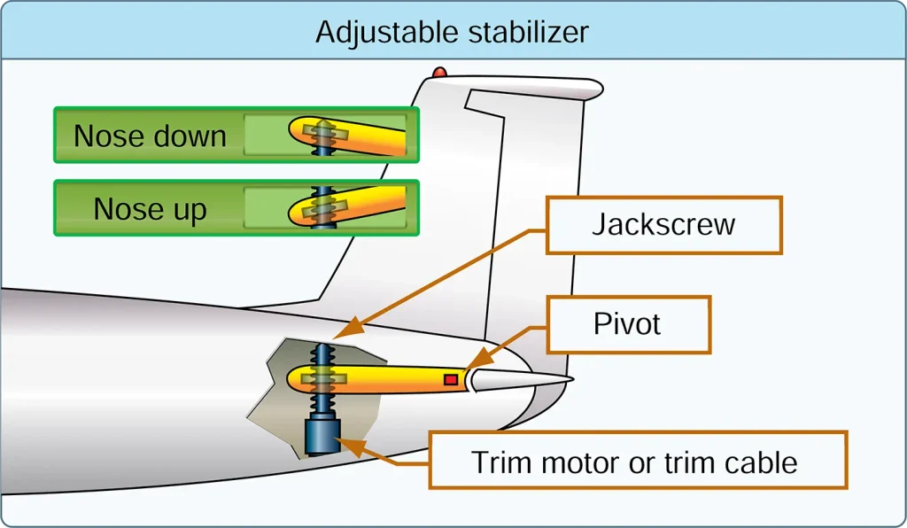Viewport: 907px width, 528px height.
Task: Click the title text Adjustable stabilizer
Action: pos(452,33)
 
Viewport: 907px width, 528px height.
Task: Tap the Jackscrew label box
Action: pos(664,225)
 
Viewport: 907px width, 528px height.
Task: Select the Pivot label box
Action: pos(628,324)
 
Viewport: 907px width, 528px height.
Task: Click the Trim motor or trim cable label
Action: pos(638,461)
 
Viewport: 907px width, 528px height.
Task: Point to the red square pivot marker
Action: pos(451,380)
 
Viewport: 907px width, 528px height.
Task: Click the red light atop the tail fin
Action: pos(439,73)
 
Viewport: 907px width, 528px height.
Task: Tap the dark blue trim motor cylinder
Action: pos(322,436)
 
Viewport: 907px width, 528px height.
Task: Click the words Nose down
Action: pos(150,136)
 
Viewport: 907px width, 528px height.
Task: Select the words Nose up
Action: pos(150,209)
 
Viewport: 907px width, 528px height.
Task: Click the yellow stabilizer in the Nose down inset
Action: pos(347,136)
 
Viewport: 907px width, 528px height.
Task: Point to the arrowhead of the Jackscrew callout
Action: pos(349,327)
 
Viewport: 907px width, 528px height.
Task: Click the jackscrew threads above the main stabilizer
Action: pos(322,354)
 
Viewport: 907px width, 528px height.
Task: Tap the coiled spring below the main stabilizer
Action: pos(322,402)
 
